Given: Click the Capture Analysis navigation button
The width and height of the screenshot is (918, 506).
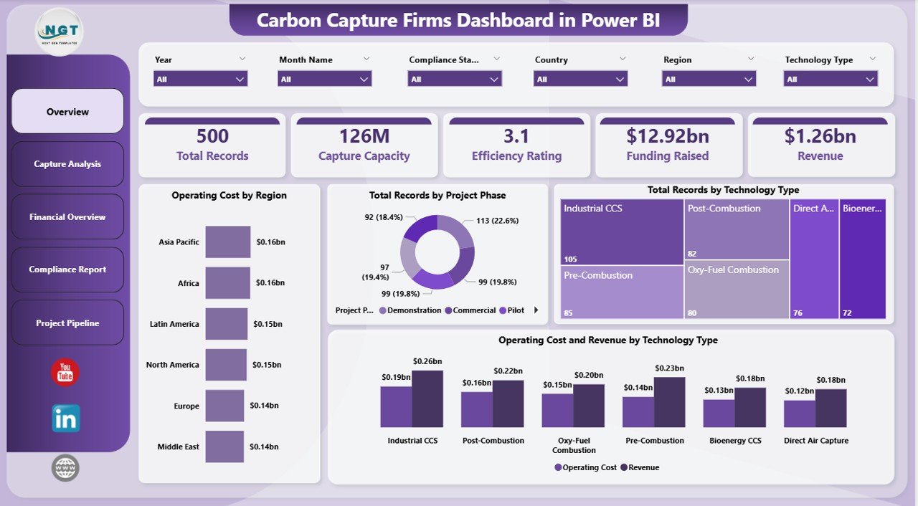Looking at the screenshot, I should pos(67,164).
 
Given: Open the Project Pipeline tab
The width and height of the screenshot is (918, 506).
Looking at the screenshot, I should pos(67,323).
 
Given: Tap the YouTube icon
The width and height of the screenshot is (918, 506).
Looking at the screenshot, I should pos(65,372).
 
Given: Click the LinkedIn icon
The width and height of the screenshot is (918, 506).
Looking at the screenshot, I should pos(65,419).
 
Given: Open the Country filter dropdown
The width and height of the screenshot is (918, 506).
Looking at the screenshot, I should pos(580,79).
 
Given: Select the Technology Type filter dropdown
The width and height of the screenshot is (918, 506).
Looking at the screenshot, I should pos(830,79).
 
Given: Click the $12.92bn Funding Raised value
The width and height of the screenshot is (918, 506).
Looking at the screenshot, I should pos(667,136).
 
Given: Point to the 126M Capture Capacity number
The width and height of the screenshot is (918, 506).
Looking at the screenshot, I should pos(364,136).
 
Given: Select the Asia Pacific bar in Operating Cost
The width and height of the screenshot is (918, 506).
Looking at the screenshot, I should pos(228,242).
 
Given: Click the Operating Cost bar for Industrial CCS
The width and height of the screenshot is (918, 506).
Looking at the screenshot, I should pos(396,406).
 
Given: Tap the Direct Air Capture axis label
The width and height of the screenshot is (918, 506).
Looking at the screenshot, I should pos(815,441).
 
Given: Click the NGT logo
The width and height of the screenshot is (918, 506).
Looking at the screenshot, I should pos(60,31).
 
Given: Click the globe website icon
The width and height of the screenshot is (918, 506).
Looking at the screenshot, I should pos(65,468).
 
